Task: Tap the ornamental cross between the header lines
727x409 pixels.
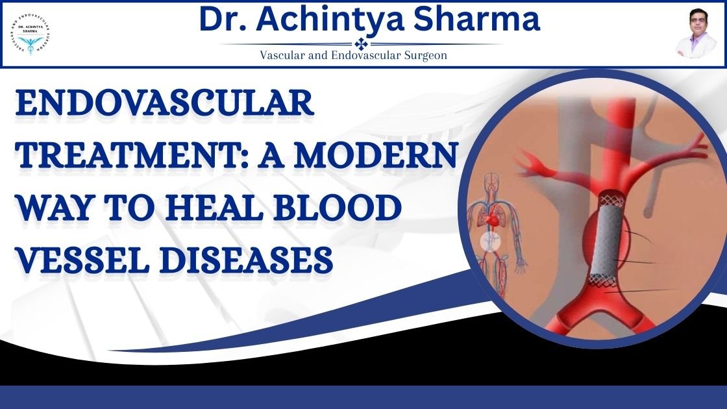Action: tap(361, 43)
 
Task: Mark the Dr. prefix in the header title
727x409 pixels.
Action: tap(223, 19)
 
